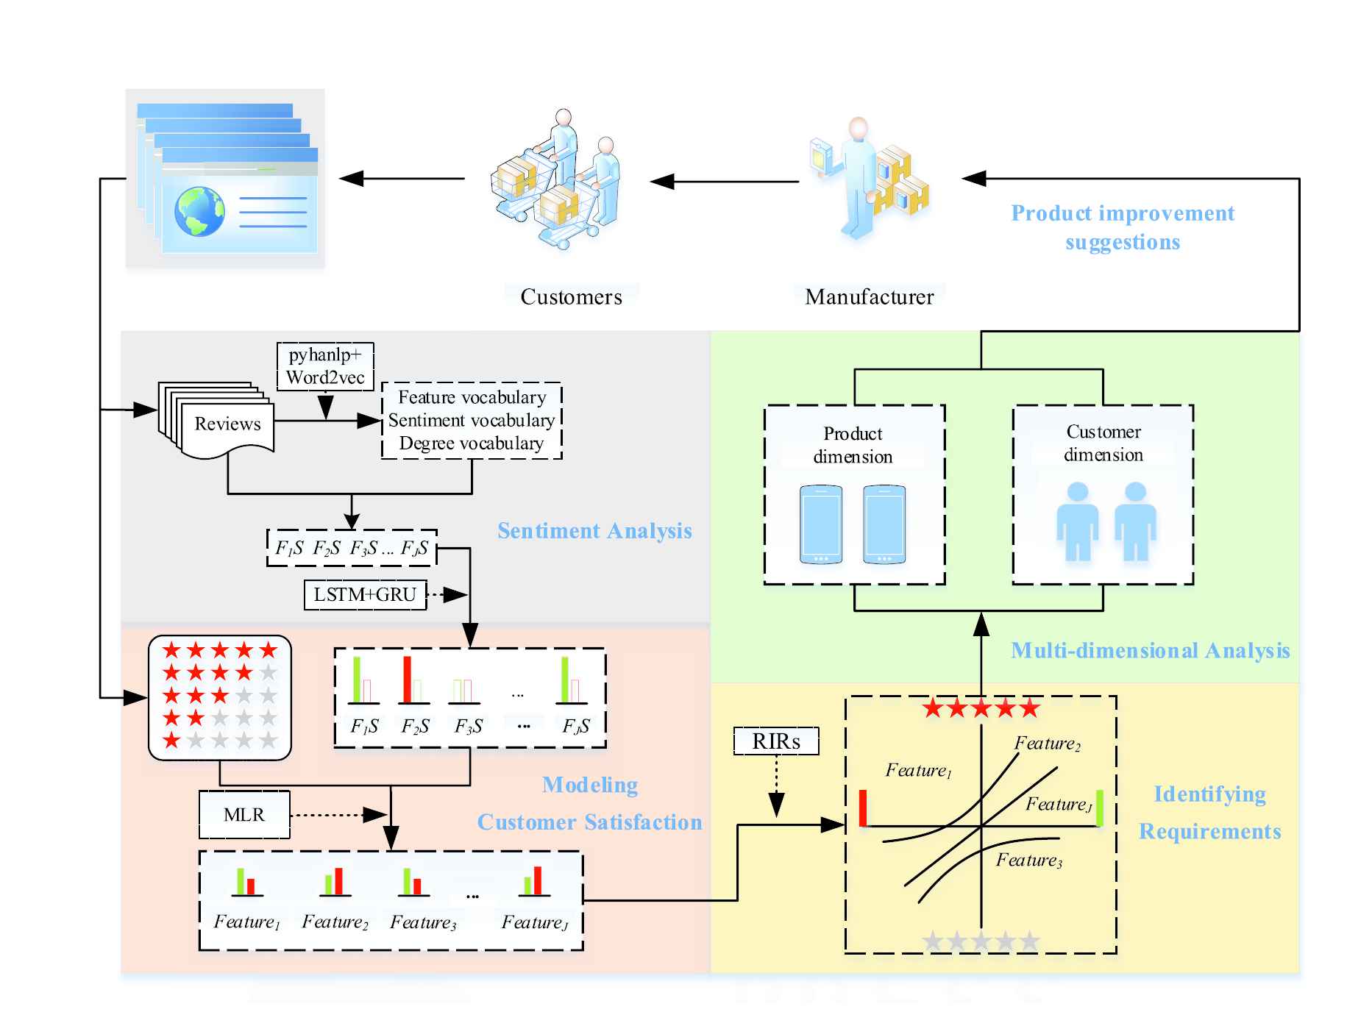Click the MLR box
(244, 815)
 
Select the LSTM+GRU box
(365, 595)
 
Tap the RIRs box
(776, 741)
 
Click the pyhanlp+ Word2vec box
(325, 366)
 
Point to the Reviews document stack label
(227, 424)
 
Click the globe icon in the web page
(199, 211)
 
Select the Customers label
(572, 297)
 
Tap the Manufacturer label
(870, 297)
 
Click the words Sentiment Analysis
(594, 531)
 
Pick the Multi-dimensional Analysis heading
(1151, 650)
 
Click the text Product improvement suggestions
(1123, 227)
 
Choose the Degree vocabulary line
(472, 443)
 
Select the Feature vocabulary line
(472, 397)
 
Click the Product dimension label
(853, 445)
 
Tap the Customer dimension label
(1103, 443)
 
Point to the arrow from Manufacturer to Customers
(725, 181)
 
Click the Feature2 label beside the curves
(1048, 744)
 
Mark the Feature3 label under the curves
(1029, 860)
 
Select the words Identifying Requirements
(1210, 813)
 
